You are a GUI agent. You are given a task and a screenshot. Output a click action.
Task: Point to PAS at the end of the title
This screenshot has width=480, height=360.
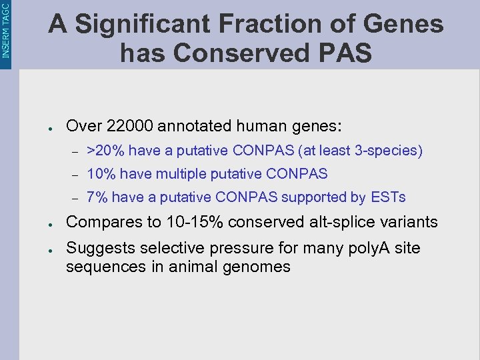point(346,53)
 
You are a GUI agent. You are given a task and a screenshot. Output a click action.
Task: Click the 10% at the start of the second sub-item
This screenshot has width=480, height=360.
point(101,174)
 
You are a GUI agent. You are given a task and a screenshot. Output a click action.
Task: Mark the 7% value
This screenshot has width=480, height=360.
point(97,197)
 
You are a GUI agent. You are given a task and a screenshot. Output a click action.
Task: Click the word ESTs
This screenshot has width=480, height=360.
point(388,197)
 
